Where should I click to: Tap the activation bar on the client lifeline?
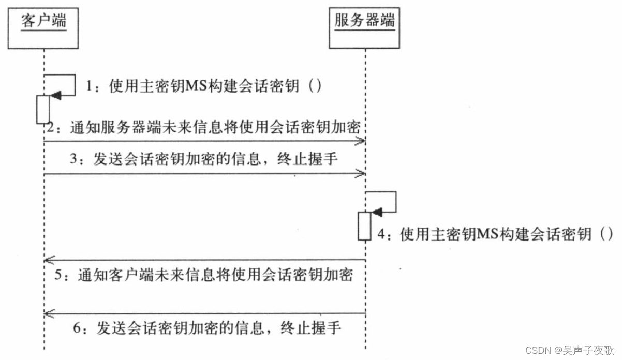pyautogui.click(x=42, y=109)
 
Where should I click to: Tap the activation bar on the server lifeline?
pyautogui.click(x=364, y=226)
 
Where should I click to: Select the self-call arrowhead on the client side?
pyautogui.click(x=56, y=95)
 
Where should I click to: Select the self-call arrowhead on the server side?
pyautogui.click(x=377, y=212)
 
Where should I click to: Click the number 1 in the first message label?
pyautogui.click(x=90, y=86)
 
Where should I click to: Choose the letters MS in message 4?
pyautogui.click(x=487, y=234)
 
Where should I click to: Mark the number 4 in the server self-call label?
pyautogui.click(x=381, y=234)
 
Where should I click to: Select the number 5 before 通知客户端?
pyautogui.click(x=59, y=275)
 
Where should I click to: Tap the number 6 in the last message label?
pyautogui.click(x=77, y=328)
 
